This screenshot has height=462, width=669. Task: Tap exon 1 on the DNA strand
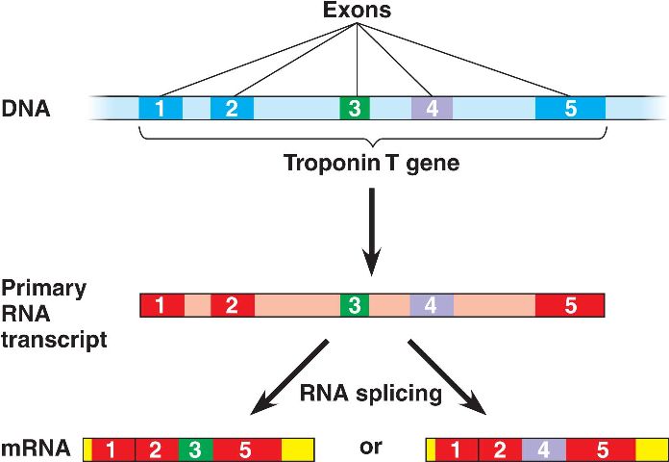point(160,108)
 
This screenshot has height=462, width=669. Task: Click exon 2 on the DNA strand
point(232,108)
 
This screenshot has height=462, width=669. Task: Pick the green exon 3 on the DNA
point(355,108)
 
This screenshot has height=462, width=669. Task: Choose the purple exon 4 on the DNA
point(432,108)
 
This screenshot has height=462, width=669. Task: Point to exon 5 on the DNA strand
point(570,108)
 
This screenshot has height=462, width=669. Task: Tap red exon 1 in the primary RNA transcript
point(161,306)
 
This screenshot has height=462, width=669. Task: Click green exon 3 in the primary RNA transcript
point(355,306)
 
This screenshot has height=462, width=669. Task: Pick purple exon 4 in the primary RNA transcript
point(432,306)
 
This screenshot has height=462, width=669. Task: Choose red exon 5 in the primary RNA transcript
point(570,306)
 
